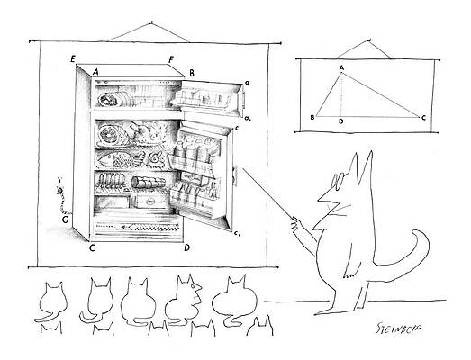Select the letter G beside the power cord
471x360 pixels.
(x=65, y=218)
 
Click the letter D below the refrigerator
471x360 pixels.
(x=186, y=247)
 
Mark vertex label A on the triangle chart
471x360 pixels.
(x=341, y=67)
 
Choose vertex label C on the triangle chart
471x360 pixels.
(x=423, y=117)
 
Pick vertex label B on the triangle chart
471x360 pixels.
(x=312, y=117)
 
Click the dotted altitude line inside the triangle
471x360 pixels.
(x=340, y=94)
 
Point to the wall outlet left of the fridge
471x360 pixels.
(x=59, y=191)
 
